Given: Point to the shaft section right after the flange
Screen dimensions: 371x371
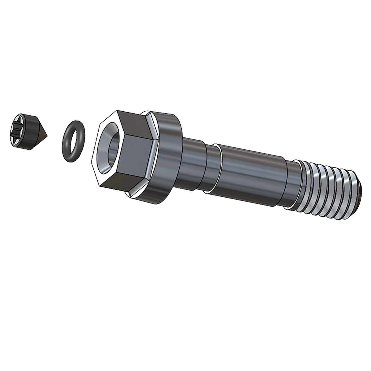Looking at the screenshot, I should coord(193,164).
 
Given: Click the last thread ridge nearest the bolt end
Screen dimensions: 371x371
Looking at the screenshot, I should coord(349,195).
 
